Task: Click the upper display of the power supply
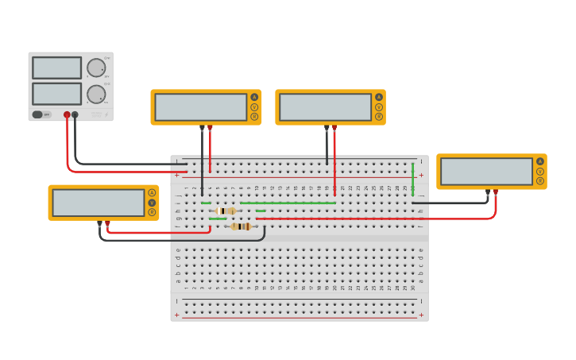(x=56, y=68)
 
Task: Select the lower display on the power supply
(x=56, y=94)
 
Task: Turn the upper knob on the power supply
(x=96, y=68)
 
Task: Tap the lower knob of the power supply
(x=96, y=95)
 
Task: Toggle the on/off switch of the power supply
(x=38, y=114)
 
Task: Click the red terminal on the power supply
(x=67, y=114)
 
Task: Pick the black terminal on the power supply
(x=75, y=114)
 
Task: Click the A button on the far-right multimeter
(x=540, y=161)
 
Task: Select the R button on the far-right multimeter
(x=540, y=180)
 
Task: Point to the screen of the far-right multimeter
(x=486, y=171)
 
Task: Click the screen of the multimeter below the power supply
(x=99, y=202)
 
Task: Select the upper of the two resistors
(x=226, y=211)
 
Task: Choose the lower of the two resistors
(x=241, y=226)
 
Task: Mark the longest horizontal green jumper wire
(x=288, y=203)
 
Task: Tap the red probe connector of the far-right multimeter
(x=496, y=192)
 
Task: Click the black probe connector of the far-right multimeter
(x=488, y=192)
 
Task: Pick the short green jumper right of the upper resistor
(x=261, y=211)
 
